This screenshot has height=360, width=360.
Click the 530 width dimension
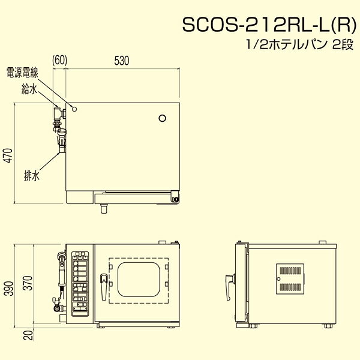click(122, 61)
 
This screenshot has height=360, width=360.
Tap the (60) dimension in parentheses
click(59, 60)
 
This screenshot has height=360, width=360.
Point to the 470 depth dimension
click(8, 155)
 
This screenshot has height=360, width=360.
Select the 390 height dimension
click(9, 288)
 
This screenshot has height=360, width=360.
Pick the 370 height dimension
click(28, 283)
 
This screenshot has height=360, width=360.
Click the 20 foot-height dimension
click(28, 335)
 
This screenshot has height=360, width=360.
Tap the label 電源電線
click(22, 73)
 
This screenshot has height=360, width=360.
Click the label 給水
click(29, 89)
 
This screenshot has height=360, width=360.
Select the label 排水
click(32, 176)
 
